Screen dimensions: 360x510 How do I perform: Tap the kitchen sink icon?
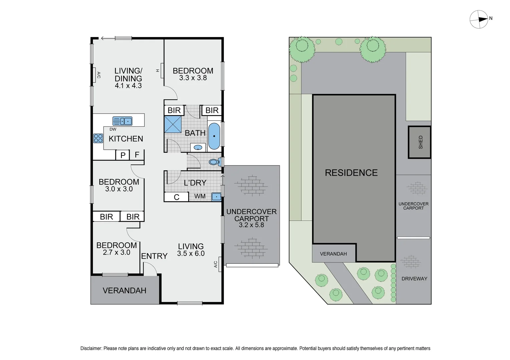pos(122,121)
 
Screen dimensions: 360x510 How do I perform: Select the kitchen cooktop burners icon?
pos(98,138)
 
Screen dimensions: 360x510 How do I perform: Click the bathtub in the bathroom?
pos(214,136)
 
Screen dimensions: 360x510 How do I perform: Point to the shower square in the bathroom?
pos(173,124)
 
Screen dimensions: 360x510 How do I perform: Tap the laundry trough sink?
pos(216,197)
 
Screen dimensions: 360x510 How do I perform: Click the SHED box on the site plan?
pos(420,142)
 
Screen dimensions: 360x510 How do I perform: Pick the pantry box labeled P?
pos(123,155)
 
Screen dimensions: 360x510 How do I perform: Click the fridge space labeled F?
pos(137,155)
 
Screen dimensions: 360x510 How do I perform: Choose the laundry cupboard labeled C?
pos(176,197)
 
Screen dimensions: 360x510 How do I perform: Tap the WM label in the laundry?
pos(200,196)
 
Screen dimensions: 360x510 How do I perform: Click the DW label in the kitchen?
pos(113,129)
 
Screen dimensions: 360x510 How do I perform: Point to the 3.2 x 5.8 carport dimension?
pos(251,225)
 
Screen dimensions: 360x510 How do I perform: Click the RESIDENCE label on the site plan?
pos(351,173)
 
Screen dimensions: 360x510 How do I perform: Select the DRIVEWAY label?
pos(414,279)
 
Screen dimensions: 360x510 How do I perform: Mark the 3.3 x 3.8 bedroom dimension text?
pos(193,78)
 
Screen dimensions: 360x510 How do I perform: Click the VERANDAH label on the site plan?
pos(333,254)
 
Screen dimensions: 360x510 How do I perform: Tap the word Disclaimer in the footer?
pos(91,348)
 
